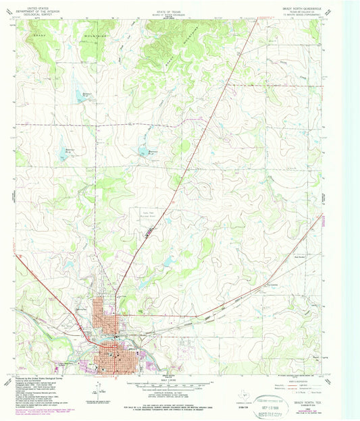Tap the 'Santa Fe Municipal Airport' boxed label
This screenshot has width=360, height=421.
(138, 215)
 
